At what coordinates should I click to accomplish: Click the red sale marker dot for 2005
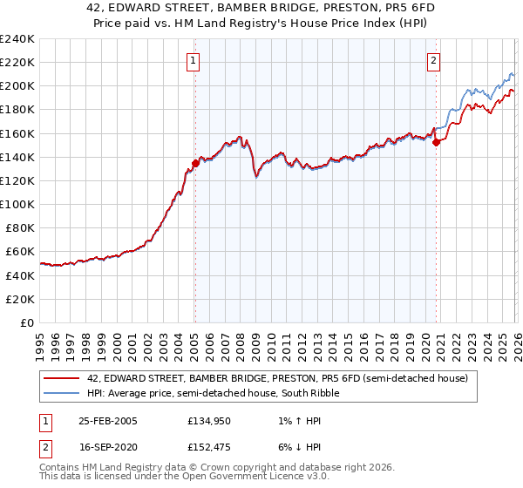(x=195, y=162)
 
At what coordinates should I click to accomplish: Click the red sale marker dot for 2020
(x=436, y=142)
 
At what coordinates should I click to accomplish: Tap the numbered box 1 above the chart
(x=192, y=60)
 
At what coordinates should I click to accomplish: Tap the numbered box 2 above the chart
(x=433, y=60)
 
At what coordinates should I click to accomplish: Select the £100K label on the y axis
(x=17, y=204)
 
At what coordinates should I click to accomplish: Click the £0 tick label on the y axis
(x=28, y=322)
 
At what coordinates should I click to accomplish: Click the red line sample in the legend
(x=63, y=378)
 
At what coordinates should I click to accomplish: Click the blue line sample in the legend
(x=63, y=393)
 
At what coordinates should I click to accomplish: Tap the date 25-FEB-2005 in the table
(x=107, y=421)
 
